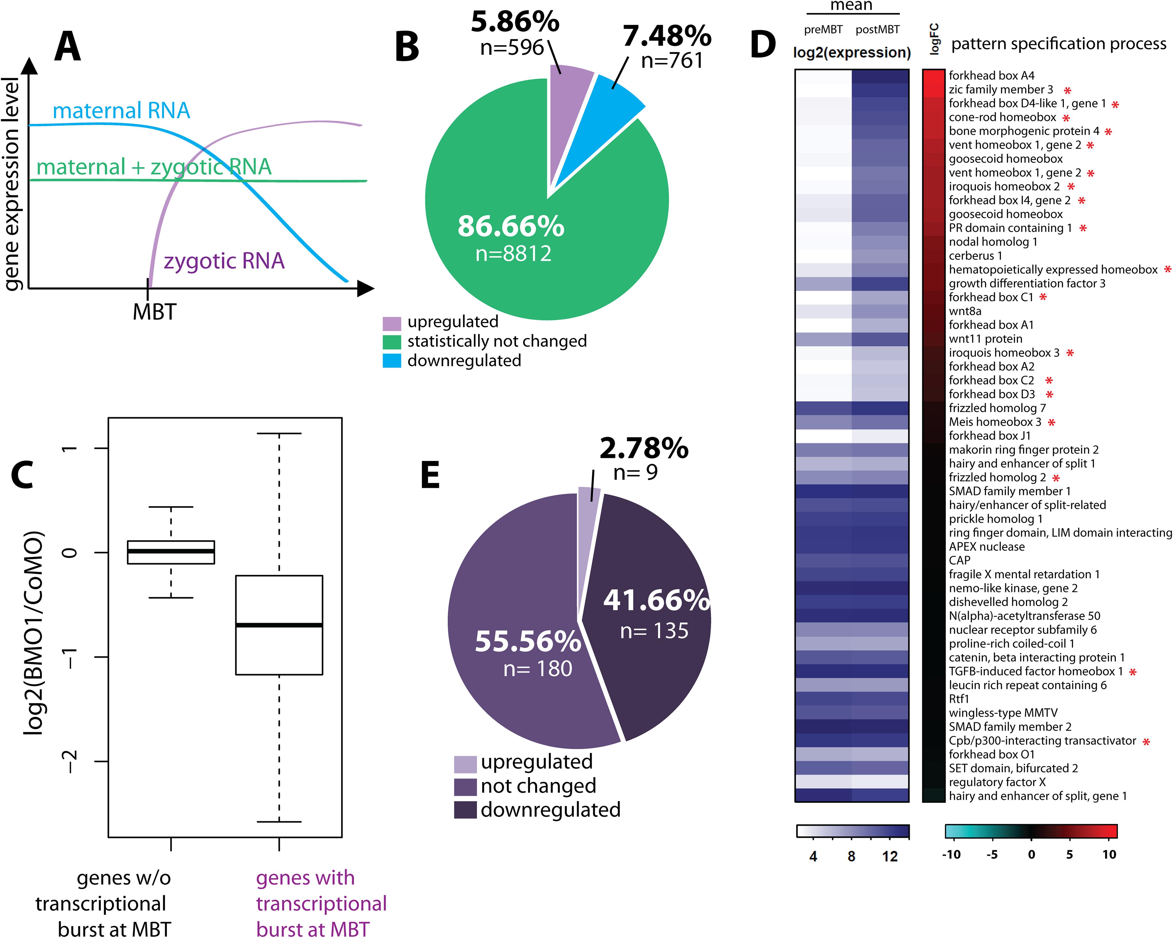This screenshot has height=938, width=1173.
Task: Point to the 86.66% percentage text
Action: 510,226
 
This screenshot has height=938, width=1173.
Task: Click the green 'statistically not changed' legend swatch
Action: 392,342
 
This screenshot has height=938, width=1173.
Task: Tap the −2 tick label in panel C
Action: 70,761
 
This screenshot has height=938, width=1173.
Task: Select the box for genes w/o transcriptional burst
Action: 171,552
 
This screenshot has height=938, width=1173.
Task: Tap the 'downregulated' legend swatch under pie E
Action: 465,810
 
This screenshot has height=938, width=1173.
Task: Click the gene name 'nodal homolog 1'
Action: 993,242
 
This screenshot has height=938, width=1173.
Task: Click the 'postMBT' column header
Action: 877,29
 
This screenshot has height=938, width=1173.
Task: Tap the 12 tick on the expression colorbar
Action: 890,856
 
